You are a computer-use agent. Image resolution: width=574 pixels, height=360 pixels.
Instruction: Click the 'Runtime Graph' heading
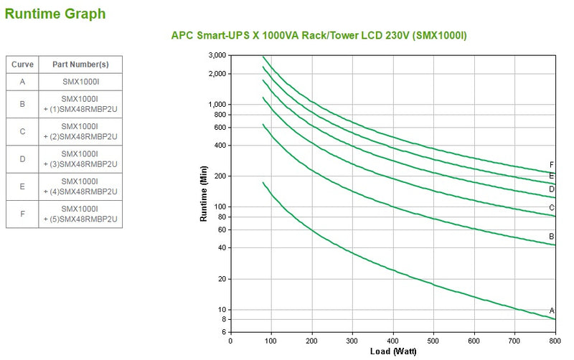click(55, 13)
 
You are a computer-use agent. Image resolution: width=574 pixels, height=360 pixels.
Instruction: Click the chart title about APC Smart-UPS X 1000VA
click(319, 35)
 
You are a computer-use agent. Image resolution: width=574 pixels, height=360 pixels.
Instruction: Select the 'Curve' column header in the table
click(23, 64)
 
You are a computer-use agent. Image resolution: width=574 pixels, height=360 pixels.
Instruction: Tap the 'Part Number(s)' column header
click(80, 64)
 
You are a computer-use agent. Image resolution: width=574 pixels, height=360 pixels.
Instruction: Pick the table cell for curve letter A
click(23, 82)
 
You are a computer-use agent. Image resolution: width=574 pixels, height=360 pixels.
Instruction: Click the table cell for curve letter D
click(23, 158)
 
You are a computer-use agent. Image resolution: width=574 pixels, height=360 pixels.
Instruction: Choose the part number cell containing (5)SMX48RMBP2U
click(80, 214)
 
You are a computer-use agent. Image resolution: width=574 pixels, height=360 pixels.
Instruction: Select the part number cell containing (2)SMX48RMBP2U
click(80, 131)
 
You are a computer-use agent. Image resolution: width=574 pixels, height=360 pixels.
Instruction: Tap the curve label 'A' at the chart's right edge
click(552, 311)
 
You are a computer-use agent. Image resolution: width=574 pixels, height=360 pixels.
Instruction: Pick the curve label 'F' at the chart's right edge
click(552, 164)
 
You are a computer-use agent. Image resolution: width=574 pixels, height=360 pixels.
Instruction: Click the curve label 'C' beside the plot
click(552, 208)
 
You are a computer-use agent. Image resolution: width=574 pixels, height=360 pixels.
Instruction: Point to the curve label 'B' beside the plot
click(552, 236)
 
